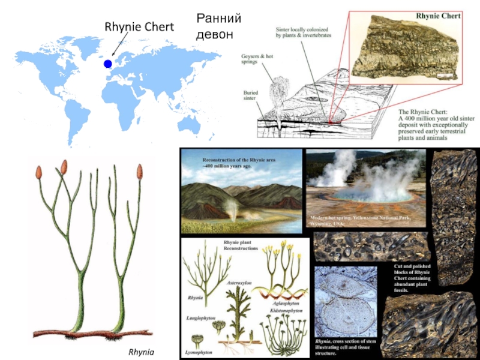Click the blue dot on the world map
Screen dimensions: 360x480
[x=107, y=64]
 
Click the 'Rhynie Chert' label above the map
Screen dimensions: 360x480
[x=139, y=26]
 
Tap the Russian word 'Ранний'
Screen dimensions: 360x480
[x=218, y=19]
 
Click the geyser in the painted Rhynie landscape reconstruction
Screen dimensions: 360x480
[x=231, y=207]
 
